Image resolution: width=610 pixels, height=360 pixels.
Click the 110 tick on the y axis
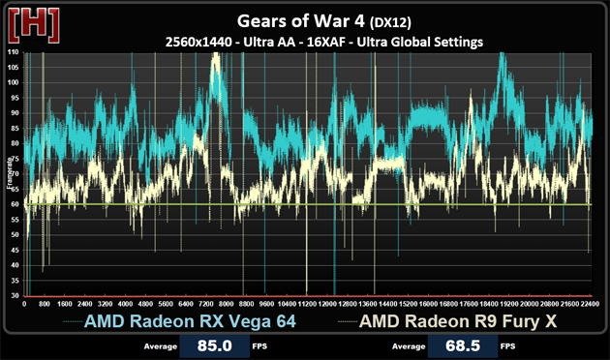pyautogui.click(x=12, y=51)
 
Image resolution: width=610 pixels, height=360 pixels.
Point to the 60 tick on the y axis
pyautogui.click(x=13, y=204)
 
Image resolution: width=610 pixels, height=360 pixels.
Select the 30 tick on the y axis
pyautogui.click(x=13, y=295)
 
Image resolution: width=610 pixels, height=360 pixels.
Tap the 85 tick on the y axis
pyautogui.click(x=13, y=128)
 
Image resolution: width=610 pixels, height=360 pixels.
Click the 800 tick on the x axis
pyautogui.click(x=44, y=304)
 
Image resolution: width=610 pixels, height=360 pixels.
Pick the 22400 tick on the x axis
pyautogui.click(x=590, y=304)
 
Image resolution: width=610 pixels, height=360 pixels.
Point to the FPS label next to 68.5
pyautogui.click(x=508, y=345)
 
